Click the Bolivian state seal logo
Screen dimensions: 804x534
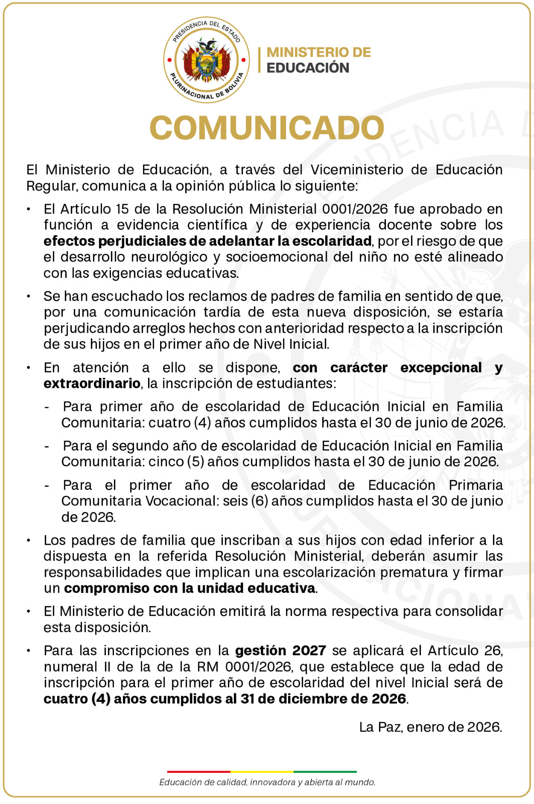pos(206,60)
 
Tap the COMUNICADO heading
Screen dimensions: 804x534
pos(267,128)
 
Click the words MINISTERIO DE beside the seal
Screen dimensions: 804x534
pos(319,52)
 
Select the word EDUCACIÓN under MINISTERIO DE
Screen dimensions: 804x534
pos(308,68)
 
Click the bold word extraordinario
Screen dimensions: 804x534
pos(92,383)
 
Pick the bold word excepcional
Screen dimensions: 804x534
pos(441,368)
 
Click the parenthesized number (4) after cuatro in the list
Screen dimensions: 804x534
pos(202,423)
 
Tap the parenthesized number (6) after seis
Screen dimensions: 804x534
pos(259,501)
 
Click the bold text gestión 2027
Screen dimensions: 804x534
pos(281,651)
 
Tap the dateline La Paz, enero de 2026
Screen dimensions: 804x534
pos(430,727)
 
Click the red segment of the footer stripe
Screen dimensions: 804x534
pos(199,771)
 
